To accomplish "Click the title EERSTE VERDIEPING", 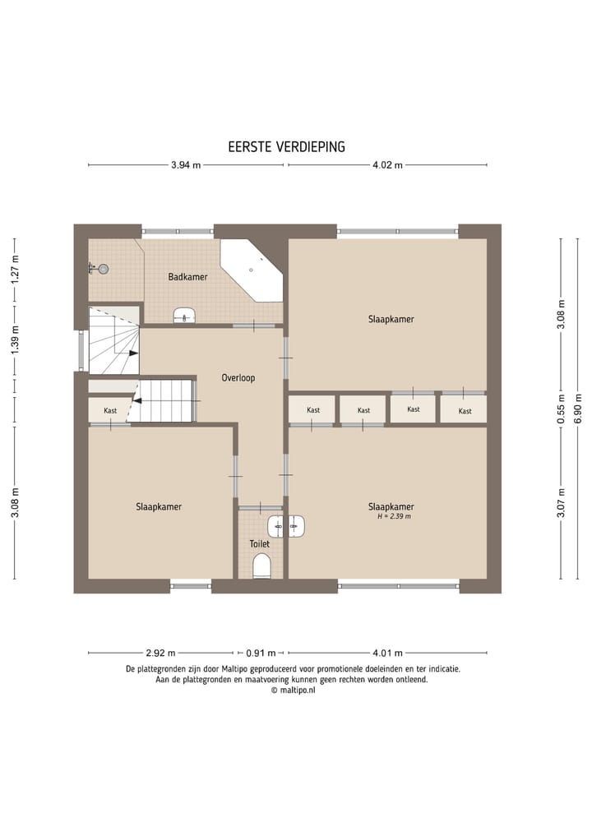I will point(286,146).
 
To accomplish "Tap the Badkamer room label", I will point(187,277).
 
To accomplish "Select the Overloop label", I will point(238,378).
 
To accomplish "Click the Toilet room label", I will point(260,544).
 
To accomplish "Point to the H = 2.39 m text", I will point(393,517).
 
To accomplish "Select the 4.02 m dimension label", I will point(387,165).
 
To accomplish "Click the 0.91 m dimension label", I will point(261,654).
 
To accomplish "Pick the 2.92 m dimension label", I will point(160,654).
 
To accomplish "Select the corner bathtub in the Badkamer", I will point(251,270).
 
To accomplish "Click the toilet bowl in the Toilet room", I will point(262,566).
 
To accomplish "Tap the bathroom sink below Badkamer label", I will point(185,315).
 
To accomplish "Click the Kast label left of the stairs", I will point(110,411).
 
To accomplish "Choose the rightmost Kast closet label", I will point(465,411).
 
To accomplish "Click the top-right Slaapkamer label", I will point(391,319).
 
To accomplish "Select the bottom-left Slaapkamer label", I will point(159,507).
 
